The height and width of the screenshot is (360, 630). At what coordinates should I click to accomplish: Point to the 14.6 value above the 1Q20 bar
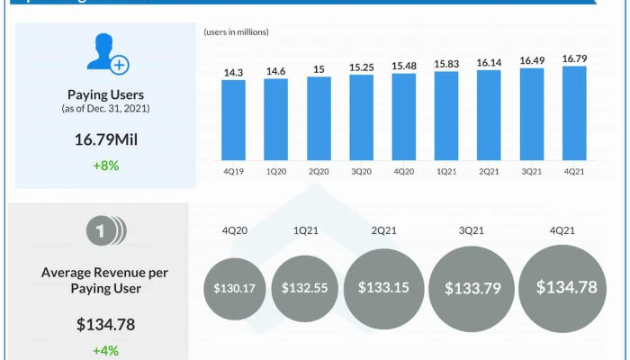[x=275, y=70]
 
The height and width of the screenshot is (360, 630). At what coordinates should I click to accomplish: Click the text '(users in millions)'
[x=237, y=32]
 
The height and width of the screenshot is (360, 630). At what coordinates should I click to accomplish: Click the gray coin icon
[x=106, y=232]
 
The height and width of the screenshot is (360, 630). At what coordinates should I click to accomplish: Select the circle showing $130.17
[x=236, y=289]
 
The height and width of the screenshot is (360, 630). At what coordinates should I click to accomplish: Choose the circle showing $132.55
[x=304, y=289]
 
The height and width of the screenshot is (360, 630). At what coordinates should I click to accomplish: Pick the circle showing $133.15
[x=383, y=288]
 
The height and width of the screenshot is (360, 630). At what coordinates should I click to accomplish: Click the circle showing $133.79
[x=471, y=289]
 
